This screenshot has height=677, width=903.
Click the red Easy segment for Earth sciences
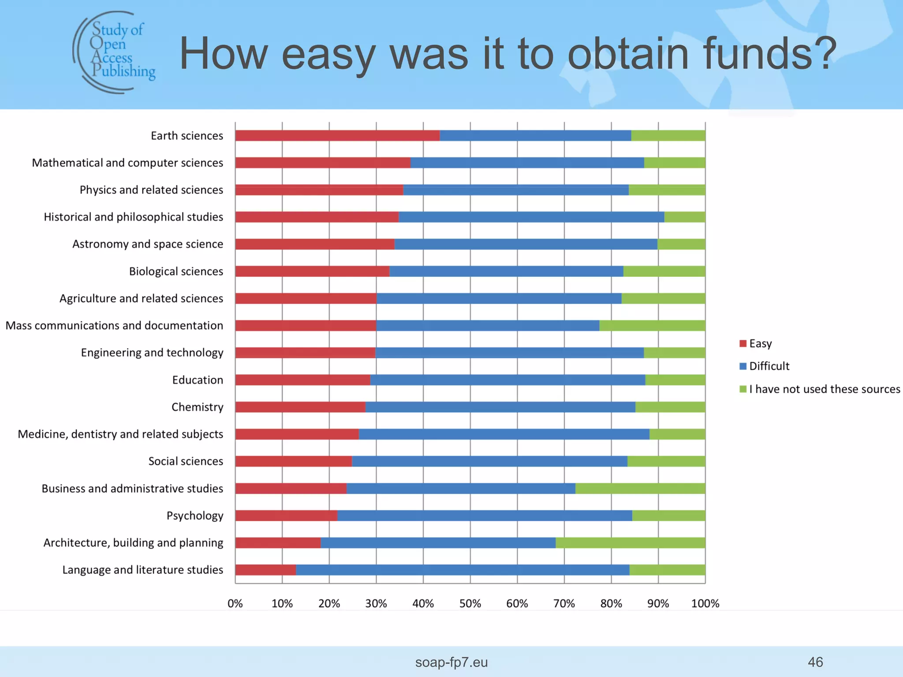(x=337, y=136)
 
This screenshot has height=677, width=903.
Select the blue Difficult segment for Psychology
(x=485, y=516)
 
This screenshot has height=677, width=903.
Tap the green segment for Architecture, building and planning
(x=630, y=543)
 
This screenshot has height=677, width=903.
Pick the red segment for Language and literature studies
(x=265, y=570)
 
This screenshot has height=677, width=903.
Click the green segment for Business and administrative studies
(x=640, y=488)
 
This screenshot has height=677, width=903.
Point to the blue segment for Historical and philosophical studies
(x=531, y=217)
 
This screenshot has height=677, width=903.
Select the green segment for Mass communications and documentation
(x=652, y=326)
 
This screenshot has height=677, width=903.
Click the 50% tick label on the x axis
(x=470, y=603)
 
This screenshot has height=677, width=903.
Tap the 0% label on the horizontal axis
(x=235, y=603)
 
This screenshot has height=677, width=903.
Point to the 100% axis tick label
(x=705, y=603)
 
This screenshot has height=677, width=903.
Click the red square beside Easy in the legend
(x=743, y=344)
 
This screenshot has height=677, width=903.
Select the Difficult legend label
(x=769, y=366)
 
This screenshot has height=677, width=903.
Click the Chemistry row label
(x=197, y=407)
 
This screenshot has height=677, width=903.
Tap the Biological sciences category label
(x=176, y=272)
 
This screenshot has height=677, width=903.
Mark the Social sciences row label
(x=186, y=461)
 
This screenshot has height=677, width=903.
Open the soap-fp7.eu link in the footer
(x=451, y=662)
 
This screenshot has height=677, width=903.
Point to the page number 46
(x=815, y=662)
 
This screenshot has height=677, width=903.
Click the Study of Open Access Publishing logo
(x=114, y=52)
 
